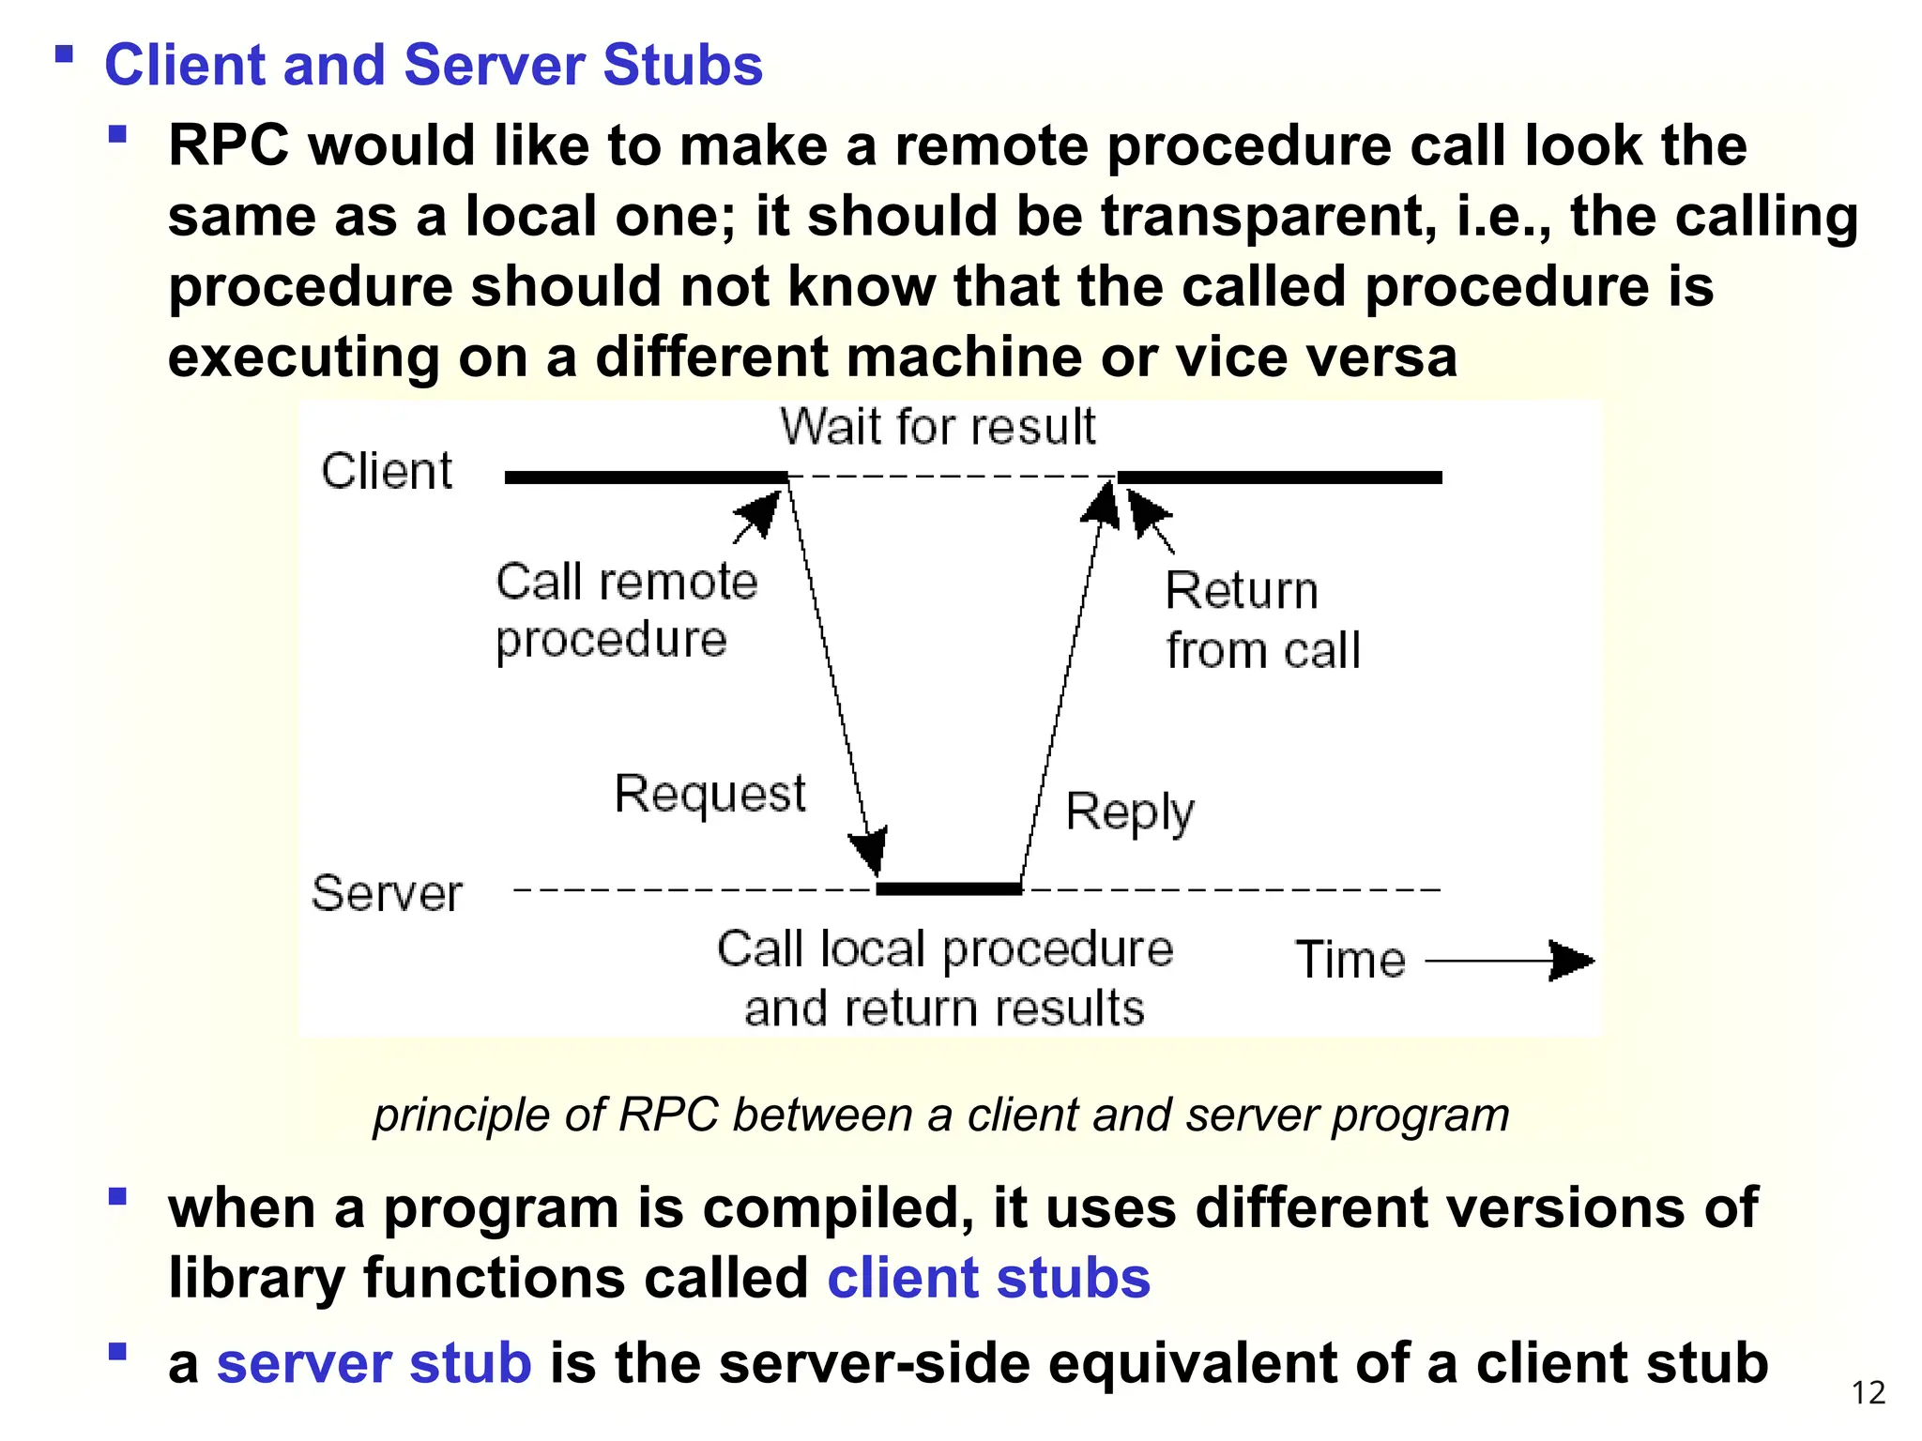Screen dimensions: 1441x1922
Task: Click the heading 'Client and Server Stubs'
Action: (433, 65)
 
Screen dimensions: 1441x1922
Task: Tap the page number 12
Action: (1868, 1392)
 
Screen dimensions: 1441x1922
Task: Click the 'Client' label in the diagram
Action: (387, 471)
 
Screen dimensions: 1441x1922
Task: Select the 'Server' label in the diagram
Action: (387, 893)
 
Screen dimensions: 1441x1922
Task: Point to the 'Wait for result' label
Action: (938, 428)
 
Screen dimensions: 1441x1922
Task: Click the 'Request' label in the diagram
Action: (709, 794)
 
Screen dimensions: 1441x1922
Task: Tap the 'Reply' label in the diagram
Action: (1130, 812)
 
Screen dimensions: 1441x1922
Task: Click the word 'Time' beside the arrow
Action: (1350, 960)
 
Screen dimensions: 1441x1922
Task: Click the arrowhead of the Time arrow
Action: (1572, 961)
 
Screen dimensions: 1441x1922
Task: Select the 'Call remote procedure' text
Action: (625, 610)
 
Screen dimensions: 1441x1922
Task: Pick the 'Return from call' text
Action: (1261, 621)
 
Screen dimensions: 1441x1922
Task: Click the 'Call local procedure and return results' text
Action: (945, 978)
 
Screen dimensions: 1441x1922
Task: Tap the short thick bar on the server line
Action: (948, 888)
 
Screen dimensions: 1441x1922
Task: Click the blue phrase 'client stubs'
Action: (988, 1278)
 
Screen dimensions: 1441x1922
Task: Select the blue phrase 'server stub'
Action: (374, 1363)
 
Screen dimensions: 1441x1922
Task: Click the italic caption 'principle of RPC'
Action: (940, 1115)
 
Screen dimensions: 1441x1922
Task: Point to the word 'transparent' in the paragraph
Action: (1268, 217)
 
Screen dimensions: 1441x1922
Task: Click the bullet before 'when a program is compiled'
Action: (117, 1197)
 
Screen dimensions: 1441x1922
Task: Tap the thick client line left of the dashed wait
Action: (646, 478)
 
